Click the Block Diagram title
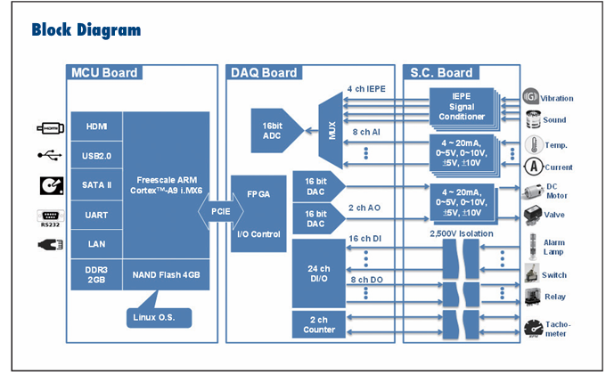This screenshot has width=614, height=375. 86,30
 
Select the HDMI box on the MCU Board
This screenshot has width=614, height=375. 97,126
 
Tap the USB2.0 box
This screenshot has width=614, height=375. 97,156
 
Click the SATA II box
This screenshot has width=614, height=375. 97,185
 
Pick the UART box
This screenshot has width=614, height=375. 97,214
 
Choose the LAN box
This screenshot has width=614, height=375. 97,242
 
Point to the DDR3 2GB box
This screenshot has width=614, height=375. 97,274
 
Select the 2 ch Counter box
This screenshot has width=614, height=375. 318,324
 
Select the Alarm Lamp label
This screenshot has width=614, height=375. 554,248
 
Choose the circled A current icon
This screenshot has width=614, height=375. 533,166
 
